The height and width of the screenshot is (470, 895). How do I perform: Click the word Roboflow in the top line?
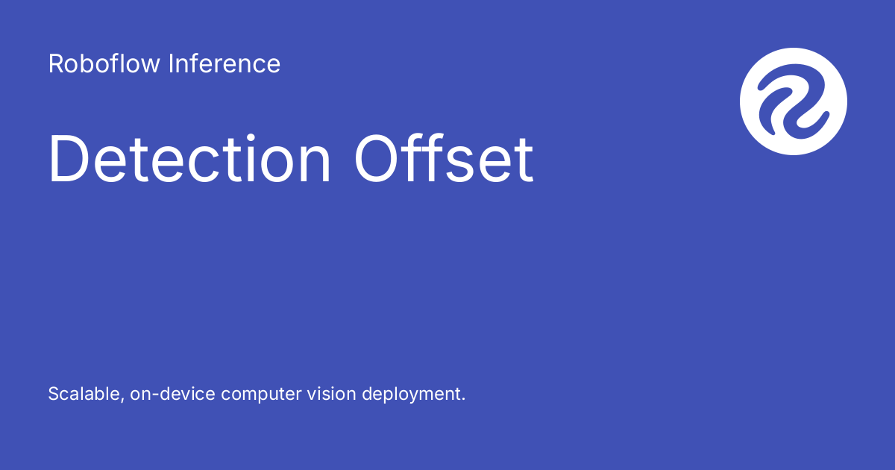click(104, 64)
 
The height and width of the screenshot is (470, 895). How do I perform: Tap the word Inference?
click(224, 64)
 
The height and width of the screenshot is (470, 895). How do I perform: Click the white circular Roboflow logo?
click(794, 101)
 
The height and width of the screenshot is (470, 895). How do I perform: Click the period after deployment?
click(463, 399)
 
